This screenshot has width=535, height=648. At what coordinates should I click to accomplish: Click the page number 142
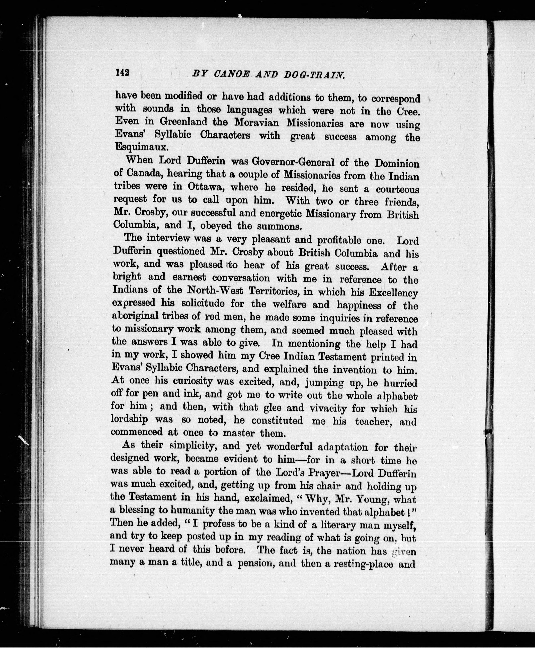(123, 73)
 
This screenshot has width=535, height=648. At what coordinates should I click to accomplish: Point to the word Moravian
(256, 123)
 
